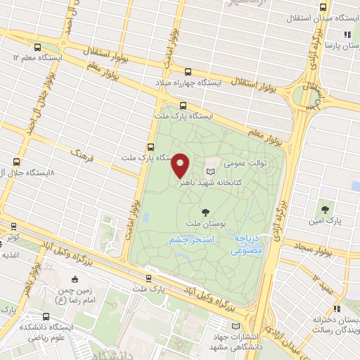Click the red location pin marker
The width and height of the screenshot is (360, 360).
(181, 165)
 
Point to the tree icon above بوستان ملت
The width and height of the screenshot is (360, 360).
(205, 212)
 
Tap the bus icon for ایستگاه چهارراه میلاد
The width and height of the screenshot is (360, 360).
(188, 71)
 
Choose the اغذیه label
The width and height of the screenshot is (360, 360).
(10, 254)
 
